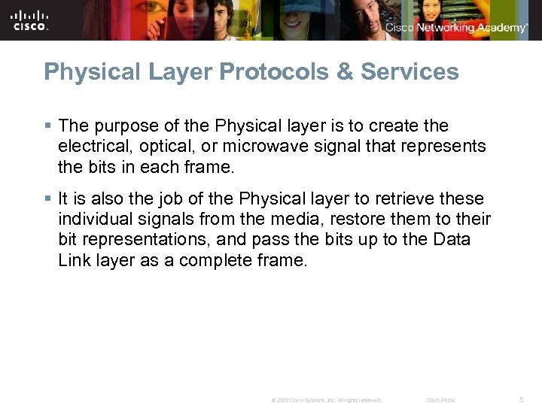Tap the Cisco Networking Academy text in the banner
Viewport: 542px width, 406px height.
click(456, 28)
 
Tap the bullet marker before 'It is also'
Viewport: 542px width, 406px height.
click(48, 198)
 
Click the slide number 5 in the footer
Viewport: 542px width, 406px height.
click(522, 399)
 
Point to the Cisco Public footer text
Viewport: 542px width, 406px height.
click(441, 400)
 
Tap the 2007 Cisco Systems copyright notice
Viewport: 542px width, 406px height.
click(327, 400)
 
